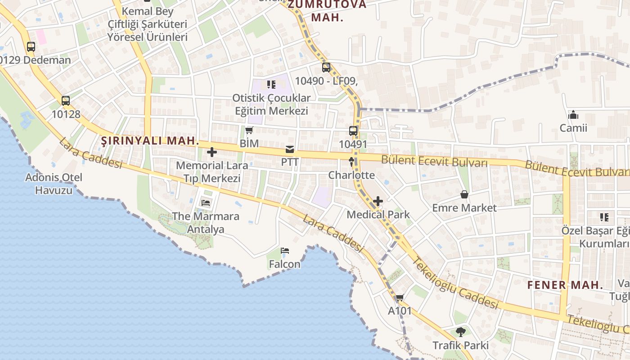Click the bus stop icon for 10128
(x=66, y=101)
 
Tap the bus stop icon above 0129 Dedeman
(x=31, y=46)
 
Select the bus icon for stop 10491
(x=353, y=131)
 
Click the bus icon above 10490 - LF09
(x=326, y=67)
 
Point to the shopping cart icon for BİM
(x=249, y=130)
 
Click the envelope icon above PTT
(x=290, y=149)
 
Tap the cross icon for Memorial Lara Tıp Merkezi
(x=212, y=152)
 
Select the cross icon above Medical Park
(x=378, y=201)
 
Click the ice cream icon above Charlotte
(x=351, y=162)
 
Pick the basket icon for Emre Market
(x=464, y=194)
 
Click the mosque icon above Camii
(x=573, y=115)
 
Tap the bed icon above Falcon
(x=284, y=251)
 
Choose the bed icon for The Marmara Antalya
(x=206, y=203)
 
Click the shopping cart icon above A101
(x=400, y=297)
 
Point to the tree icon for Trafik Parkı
(x=460, y=332)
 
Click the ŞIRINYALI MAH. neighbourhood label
(x=150, y=141)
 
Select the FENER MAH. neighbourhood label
(x=565, y=285)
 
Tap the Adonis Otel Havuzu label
(x=54, y=184)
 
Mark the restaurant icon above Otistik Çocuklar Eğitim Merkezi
(x=271, y=84)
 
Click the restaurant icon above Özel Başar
(x=604, y=217)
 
